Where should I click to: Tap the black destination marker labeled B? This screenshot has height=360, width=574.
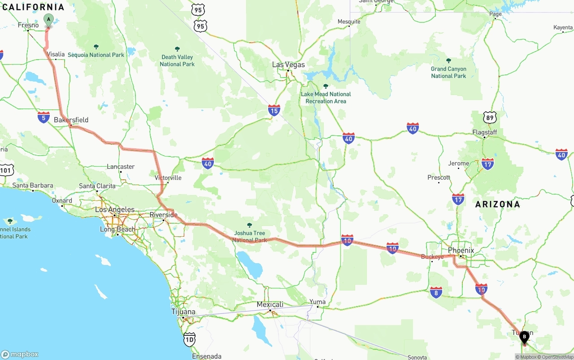524,336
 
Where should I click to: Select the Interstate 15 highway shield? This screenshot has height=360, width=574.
274,110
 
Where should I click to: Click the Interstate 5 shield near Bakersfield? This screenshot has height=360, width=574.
43,117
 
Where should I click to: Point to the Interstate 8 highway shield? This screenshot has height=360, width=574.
436,292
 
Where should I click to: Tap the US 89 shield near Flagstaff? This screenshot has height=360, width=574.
490,117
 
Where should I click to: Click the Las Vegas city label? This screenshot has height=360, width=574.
288,65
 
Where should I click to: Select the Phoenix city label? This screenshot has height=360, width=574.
461,250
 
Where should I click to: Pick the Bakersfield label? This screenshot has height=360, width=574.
71,120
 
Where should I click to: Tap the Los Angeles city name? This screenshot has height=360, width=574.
114,209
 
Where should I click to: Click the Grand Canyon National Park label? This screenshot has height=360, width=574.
448,72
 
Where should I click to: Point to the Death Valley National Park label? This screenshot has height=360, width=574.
177,61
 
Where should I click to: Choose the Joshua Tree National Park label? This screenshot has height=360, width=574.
249,236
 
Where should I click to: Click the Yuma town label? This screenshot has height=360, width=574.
317,301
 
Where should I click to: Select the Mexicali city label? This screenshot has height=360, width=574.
270,304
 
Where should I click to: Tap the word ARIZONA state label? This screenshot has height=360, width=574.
498,204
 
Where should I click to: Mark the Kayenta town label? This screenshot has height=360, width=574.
563,27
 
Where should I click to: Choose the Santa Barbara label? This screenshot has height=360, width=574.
33,185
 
